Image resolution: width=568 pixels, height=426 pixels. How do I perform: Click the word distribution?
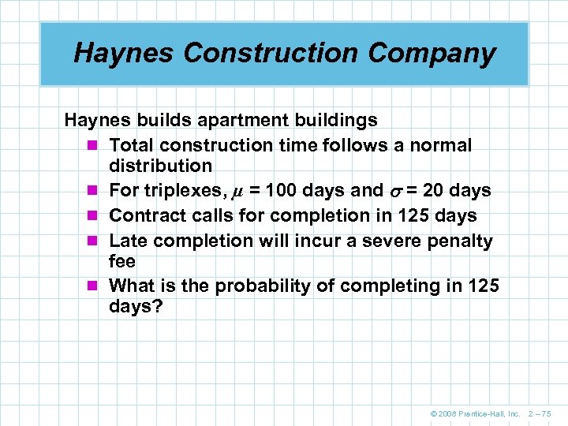161,166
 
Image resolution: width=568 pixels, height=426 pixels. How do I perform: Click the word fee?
122,261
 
